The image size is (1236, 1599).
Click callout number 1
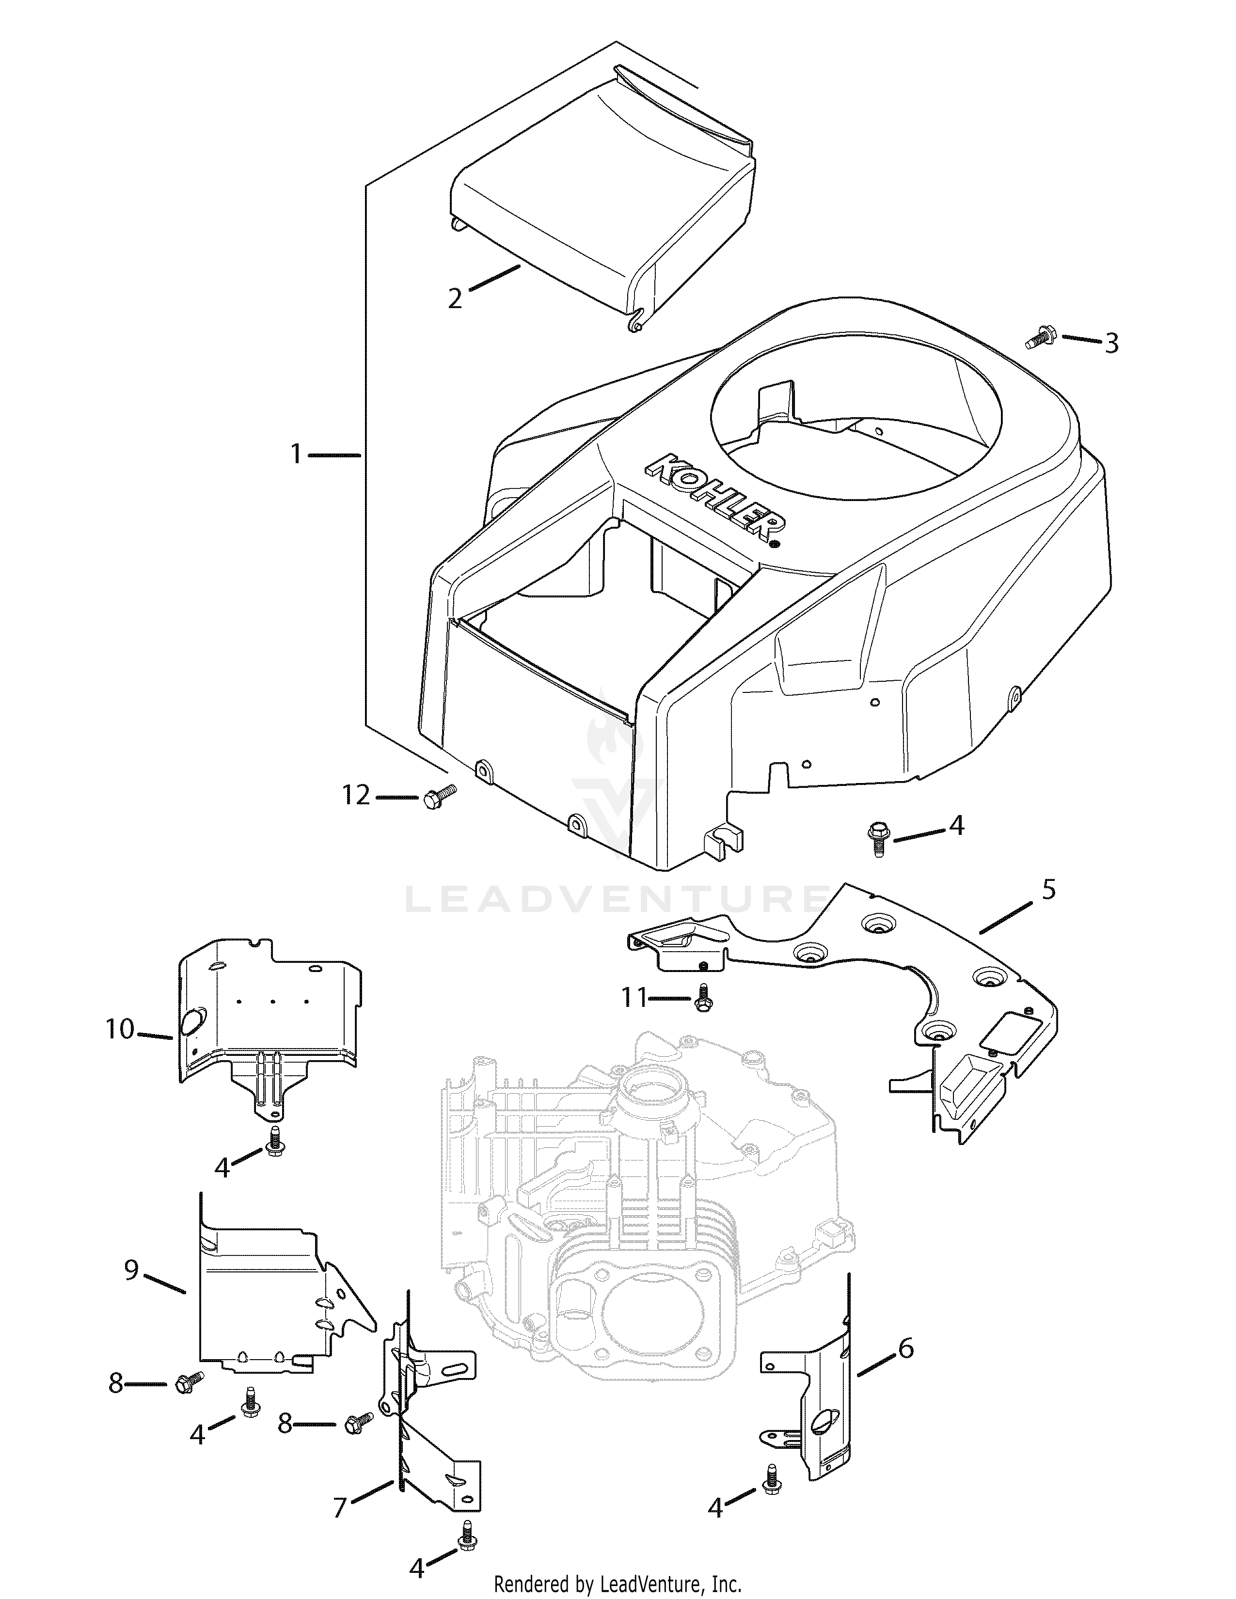(x=296, y=455)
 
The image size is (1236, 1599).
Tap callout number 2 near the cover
(x=455, y=298)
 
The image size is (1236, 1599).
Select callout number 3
(x=1111, y=343)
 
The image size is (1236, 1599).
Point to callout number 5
(x=1048, y=890)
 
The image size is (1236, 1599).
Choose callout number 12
(x=357, y=795)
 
